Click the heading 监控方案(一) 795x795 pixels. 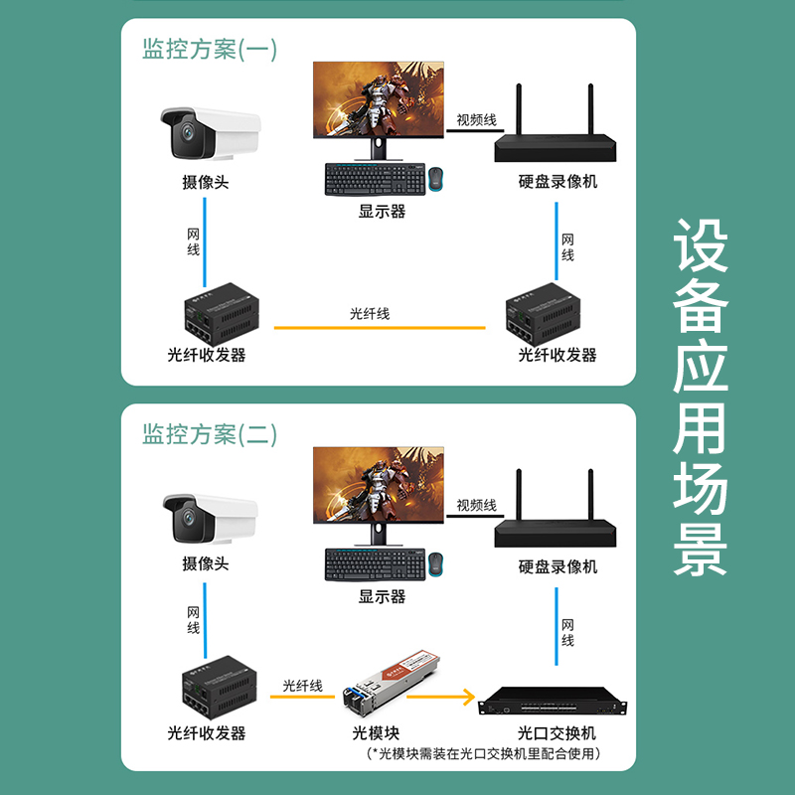pos(210,49)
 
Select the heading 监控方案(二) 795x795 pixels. pos(210,434)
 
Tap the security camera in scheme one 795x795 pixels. pos(211,133)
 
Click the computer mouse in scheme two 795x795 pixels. pos(435,563)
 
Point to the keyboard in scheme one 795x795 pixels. pos(376,179)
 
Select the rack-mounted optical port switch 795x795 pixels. pos(553,702)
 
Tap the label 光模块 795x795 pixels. pos(376,733)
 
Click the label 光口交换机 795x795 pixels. pos(556,733)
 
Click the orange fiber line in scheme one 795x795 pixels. pos(380,328)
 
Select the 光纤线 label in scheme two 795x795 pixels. pos(302,686)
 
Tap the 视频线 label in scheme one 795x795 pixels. pos(476,119)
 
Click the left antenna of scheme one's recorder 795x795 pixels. pos(519,109)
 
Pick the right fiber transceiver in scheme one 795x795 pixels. pos(543,314)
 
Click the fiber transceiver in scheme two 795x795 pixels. pos(220,687)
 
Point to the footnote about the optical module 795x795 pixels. pos(483,753)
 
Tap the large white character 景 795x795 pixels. pos(701,550)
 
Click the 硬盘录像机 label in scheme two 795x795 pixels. pos(557,566)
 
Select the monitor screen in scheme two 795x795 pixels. pos(379,485)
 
